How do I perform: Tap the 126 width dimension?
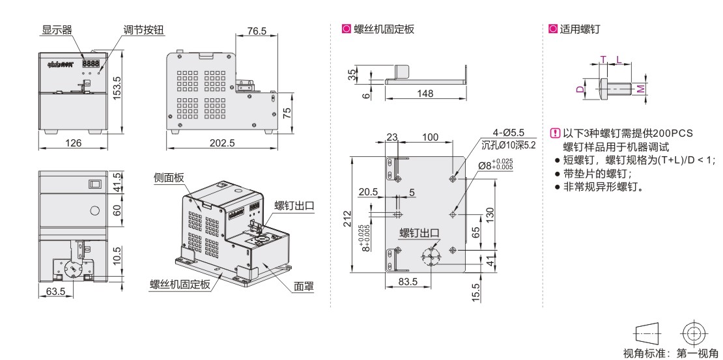74,143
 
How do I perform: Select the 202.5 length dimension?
221,143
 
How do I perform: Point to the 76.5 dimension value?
256,31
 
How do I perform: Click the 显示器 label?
57,30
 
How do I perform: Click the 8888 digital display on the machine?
91,64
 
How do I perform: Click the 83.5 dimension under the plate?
408,281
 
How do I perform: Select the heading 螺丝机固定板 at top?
383,29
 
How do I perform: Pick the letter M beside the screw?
641,88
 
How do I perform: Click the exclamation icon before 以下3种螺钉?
555,133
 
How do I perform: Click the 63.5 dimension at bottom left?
56,292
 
